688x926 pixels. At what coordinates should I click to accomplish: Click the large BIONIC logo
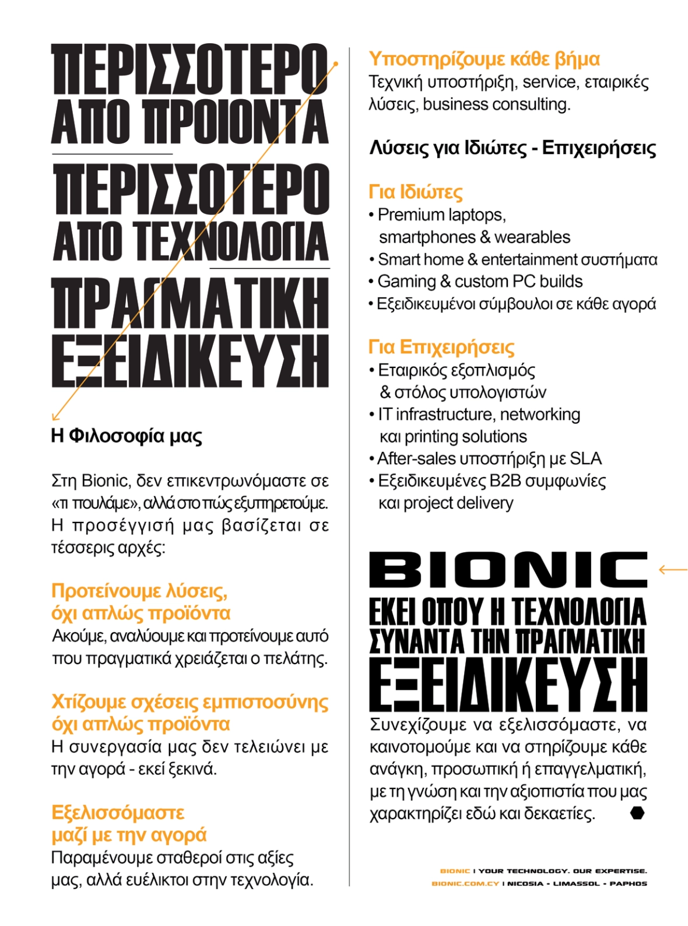pyautogui.click(x=507, y=570)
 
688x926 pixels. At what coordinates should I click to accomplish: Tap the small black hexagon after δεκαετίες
pyautogui.click(x=637, y=813)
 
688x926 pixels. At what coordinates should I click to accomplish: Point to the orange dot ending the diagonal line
pyautogui.click(x=336, y=64)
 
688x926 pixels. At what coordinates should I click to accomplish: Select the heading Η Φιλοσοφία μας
pyautogui.click(x=127, y=436)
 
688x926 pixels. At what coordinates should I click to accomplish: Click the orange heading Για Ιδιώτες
pyautogui.click(x=415, y=192)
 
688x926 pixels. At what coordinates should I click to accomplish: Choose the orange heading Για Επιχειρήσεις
pyautogui.click(x=441, y=347)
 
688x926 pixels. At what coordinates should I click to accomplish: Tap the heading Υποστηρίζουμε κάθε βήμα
pyautogui.click(x=484, y=59)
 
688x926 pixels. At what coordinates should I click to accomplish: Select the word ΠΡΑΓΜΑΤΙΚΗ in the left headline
pyautogui.click(x=190, y=303)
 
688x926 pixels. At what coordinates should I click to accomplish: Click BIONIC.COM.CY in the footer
pyautogui.click(x=465, y=883)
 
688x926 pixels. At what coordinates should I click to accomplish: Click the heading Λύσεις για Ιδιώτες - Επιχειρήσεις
pyautogui.click(x=513, y=148)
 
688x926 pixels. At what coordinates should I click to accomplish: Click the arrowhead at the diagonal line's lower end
pyautogui.click(x=54, y=418)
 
